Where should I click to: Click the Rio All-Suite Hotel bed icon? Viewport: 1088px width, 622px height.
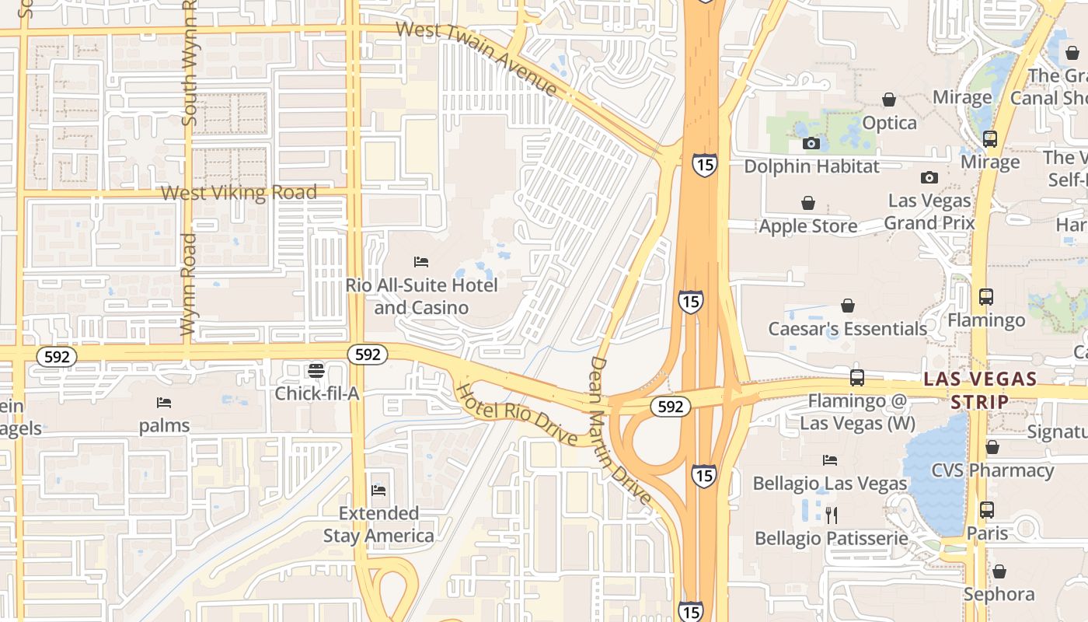click(x=421, y=262)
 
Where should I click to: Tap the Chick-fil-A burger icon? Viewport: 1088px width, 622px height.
click(x=316, y=370)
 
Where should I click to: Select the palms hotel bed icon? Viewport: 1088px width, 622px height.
click(x=164, y=402)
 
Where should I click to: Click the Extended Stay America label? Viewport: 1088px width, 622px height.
click(x=378, y=524)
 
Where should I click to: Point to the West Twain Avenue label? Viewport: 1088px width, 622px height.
click(x=476, y=59)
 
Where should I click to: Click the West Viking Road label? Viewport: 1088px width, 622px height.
click(x=239, y=192)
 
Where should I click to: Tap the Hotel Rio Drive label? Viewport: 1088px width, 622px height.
click(x=516, y=414)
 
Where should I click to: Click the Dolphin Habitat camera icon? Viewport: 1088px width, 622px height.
click(x=811, y=143)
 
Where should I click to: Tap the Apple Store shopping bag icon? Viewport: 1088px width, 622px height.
click(x=808, y=203)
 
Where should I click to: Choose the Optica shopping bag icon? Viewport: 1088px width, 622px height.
click(x=889, y=100)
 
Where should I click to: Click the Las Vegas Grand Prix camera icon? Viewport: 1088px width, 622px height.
click(x=929, y=177)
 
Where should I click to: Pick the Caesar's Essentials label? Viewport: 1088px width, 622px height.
click(x=847, y=328)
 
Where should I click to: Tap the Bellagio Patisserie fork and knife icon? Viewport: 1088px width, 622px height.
click(x=831, y=515)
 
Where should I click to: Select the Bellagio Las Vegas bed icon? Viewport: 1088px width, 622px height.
click(x=830, y=460)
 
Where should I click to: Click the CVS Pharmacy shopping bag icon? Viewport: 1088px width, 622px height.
click(x=992, y=447)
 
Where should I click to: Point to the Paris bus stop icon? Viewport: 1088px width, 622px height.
click(x=986, y=510)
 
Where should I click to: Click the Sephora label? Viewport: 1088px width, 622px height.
click(x=999, y=594)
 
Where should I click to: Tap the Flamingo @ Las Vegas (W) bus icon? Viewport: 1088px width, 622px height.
click(x=856, y=378)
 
